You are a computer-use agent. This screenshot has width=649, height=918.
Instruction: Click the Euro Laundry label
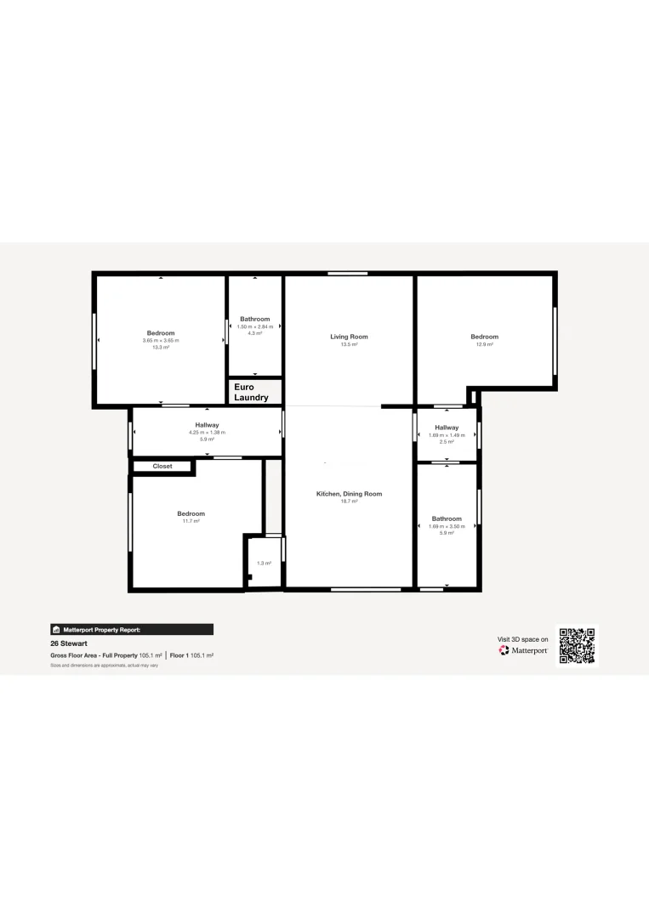pos(251,392)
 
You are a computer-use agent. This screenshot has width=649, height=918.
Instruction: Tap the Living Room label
pos(349,337)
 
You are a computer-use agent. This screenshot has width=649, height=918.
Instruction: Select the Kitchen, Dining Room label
pos(349,494)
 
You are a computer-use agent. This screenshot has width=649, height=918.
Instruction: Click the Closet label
pos(162,467)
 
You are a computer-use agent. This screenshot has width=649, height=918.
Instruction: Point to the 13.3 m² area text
pos(161,348)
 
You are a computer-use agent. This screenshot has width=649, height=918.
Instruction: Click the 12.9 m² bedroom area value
pos(484,344)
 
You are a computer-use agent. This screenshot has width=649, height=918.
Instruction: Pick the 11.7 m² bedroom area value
pos(191,521)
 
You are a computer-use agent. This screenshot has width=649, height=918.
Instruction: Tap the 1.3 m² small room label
pos(265,564)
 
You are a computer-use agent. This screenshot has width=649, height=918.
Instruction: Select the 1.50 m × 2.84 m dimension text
pos(254,326)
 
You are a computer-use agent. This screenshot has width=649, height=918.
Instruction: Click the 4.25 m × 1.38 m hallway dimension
pos(208,433)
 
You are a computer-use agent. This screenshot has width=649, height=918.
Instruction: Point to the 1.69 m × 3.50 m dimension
pos(447,526)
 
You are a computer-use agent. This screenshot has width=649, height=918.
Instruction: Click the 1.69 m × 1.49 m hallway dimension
pos(447,435)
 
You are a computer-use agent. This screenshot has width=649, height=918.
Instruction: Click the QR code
pos(577,646)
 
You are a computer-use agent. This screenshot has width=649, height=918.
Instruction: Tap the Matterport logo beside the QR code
pos(523,650)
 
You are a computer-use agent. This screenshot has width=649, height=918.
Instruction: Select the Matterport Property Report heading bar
pos(132,630)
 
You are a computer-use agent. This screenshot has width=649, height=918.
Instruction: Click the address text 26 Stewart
pos(68,643)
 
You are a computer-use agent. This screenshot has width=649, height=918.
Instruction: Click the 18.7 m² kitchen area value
pos(349,501)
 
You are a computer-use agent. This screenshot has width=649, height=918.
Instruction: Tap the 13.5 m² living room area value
pos(349,344)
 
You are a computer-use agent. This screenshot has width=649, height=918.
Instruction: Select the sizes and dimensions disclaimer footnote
pos(104,666)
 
